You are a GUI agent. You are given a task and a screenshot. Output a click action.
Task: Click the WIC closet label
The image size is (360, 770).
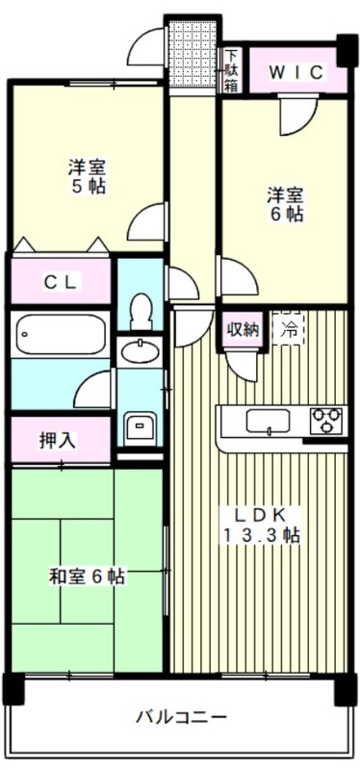click(288, 71)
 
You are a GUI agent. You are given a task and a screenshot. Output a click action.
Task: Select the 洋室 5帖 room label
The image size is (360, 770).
click(87, 175)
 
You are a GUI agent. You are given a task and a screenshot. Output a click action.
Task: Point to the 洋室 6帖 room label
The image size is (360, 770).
click(286, 203)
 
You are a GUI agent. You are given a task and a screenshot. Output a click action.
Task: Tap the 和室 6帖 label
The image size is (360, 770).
click(88, 577)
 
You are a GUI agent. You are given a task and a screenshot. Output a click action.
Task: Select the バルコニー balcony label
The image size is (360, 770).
click(181, 717)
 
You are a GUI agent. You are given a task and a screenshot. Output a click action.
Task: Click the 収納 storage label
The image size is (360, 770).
click(242, 329)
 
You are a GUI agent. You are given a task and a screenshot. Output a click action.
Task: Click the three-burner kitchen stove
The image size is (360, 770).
click(325, 421)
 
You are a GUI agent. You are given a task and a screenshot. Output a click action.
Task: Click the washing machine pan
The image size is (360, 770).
click(141, 425)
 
